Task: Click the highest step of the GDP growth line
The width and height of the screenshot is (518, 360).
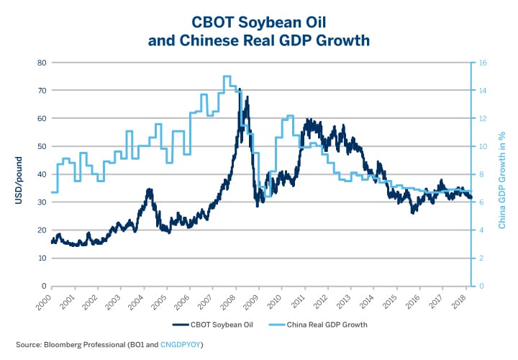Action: click(x=227, y=76)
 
